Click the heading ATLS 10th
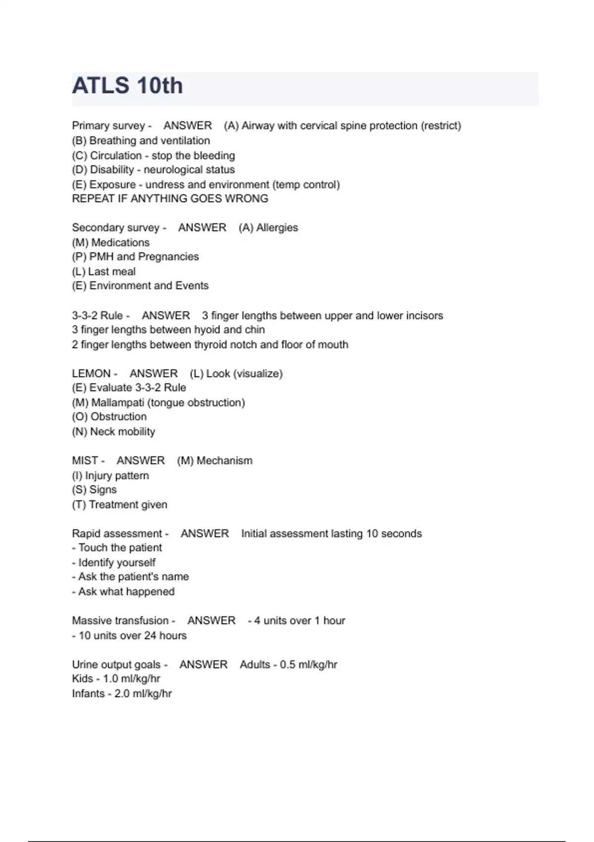point(127,86)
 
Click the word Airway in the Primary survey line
point(258,126)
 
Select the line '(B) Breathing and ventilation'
point(141,141)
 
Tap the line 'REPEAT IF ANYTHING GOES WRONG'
point(170,199)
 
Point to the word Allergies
point(277,228)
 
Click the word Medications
point(120,243)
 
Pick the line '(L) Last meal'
point(103,271)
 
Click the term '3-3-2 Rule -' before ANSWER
point(100,316)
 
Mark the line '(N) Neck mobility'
point(113,432)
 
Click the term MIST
point(85,461)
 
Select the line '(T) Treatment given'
point(119,505)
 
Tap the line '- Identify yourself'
point(113,563)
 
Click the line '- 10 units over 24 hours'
point(129,635)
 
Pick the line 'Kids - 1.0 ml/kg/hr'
point(116,679)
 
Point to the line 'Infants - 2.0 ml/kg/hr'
point(122,693)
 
